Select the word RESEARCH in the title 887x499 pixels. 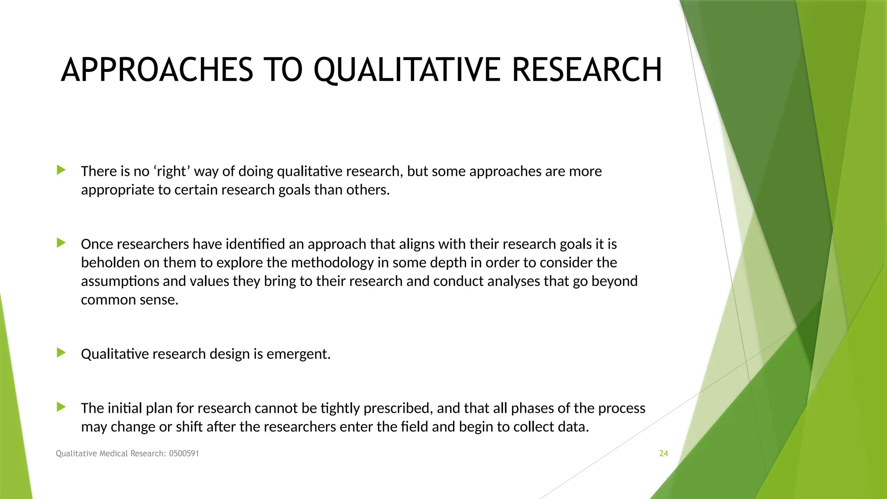pos(587,70)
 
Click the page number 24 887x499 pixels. pos(664,454)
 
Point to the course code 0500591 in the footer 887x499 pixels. pos(184,454)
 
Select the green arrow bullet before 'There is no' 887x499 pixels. pos(61,170)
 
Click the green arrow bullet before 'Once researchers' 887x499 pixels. pos(61,243)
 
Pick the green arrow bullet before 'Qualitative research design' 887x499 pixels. pos(61,353)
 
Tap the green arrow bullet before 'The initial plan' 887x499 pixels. pos(61,407)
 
